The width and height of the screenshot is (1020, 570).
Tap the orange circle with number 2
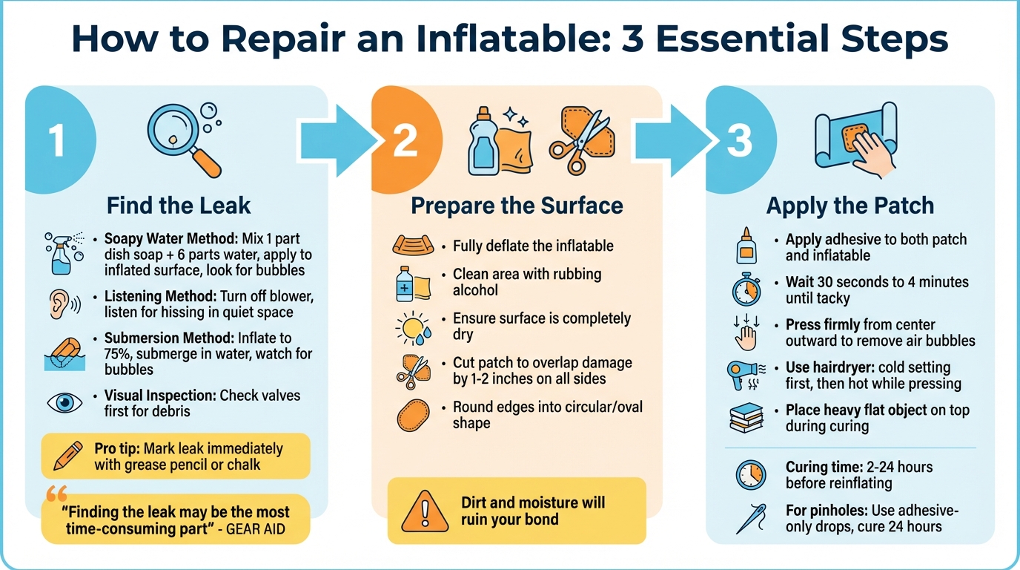(x=405, y=140)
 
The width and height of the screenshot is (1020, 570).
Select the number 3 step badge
(x=738, y=140)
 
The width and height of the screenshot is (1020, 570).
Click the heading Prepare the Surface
(x=517, y=206)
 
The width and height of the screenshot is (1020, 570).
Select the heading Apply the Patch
(x=850, y=206)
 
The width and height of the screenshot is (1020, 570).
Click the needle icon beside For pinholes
(x=750, y=519)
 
